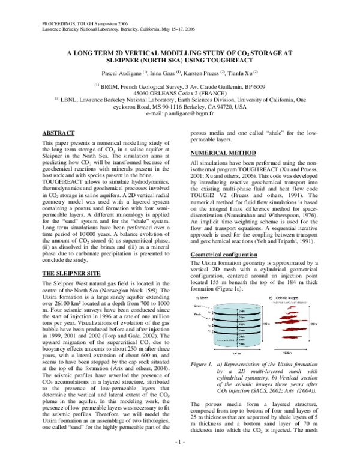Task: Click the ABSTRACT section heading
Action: click(x=59, y=132)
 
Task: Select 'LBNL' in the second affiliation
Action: click(x=71, y=100)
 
